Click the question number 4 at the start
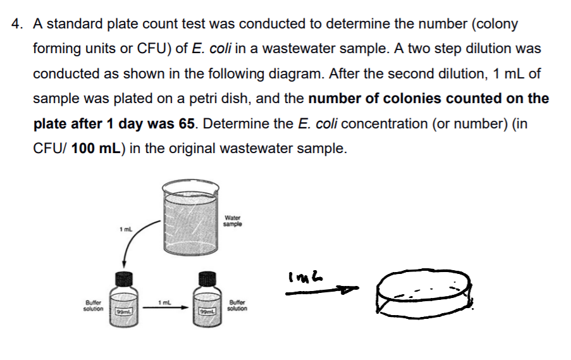[17, 24]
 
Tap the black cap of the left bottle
[125, 278]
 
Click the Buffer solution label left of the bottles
[93, 306]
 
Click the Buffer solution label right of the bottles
[236, 306]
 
